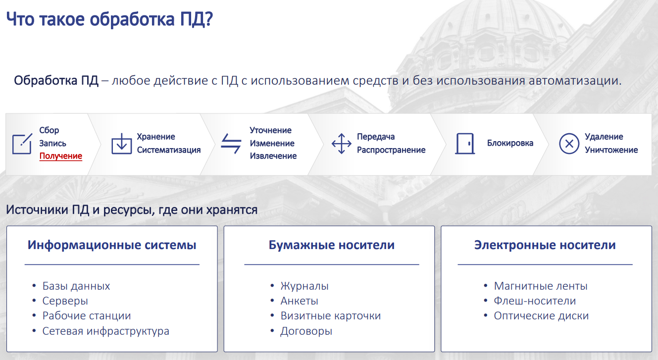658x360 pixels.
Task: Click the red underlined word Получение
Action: [x=61, y=156]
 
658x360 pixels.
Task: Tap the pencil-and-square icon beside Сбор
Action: [x=22, y=144]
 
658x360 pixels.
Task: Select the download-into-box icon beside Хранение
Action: [x=121, y=144]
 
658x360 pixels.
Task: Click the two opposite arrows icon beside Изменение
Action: [x=231, y=144]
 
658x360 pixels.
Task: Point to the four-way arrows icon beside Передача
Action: [x=341, y=144]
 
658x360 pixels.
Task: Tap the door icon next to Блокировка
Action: [x=465, y=144]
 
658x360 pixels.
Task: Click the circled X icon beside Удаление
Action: [x=569, y=144]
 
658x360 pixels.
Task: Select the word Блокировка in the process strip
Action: [x=510, y=143]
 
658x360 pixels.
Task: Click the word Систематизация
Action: [x=169, y=150]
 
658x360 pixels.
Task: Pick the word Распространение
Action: [x=391, y=150]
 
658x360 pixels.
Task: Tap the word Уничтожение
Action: [x=611, y=150]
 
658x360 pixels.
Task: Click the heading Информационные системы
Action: [x=112, y=245]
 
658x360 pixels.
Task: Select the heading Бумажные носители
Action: [x=332, y=245]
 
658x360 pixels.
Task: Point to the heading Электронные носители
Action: [x=545, y=245]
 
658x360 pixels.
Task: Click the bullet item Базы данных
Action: [x=76, y=286]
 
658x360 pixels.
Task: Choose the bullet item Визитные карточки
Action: [x=330, y=315]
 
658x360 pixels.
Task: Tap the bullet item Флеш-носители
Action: [x=535, y=301]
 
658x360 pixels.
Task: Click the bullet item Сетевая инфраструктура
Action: [x=106, y=331]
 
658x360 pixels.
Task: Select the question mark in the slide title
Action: [x=209, y=19]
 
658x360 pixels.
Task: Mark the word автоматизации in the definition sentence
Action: [x=575, y=81]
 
